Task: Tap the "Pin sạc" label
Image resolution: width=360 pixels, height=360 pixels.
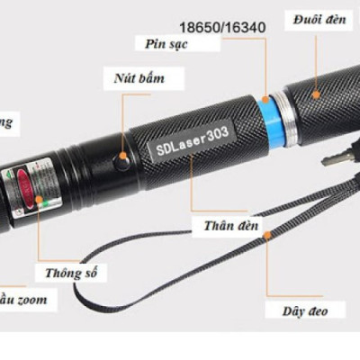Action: point(165,43)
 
